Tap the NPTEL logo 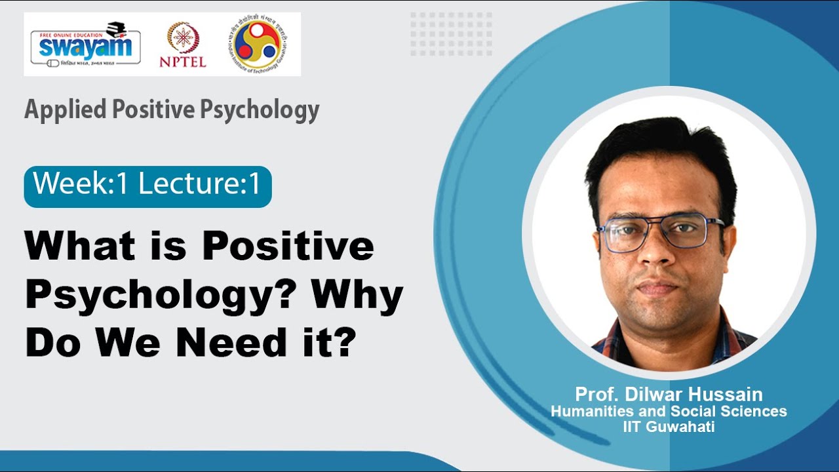click(x=182, y=45)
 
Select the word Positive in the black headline click(x=288, y=248)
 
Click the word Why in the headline click(x=357, y=296)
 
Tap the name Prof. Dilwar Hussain click(x=669, y=395)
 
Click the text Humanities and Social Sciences click(x=669, y=412)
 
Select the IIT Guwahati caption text click(x=669, y=427)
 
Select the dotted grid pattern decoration click(x=451, y=33)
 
